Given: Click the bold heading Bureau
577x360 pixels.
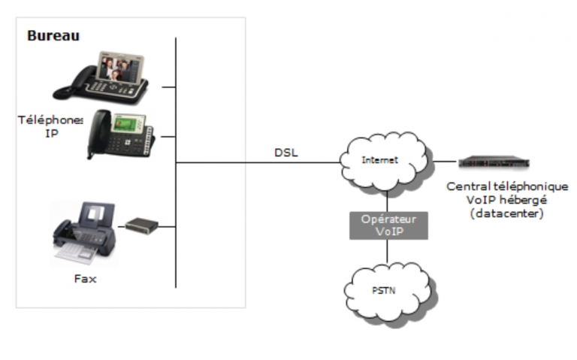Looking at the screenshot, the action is [53, 36].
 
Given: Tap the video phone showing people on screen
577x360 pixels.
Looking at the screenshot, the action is [101, 78].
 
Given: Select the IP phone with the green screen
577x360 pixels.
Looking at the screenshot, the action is [121, 134].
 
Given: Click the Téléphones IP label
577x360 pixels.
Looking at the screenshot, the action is [51, 126].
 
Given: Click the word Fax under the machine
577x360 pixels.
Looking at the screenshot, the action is [86, 279].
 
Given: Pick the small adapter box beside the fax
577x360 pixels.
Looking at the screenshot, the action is [142, 225].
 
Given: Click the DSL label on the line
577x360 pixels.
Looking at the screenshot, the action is [286, 153].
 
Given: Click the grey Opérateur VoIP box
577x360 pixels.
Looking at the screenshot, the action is [388, 225].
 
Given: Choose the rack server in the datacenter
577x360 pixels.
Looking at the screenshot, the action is [494, 162].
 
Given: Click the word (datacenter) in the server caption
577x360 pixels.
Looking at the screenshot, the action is [506, 213].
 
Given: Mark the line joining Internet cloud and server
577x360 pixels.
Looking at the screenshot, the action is [445, 162].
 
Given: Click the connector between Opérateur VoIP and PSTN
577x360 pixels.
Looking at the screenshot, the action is [387, 252].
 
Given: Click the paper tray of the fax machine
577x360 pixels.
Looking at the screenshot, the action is [74, 253].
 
